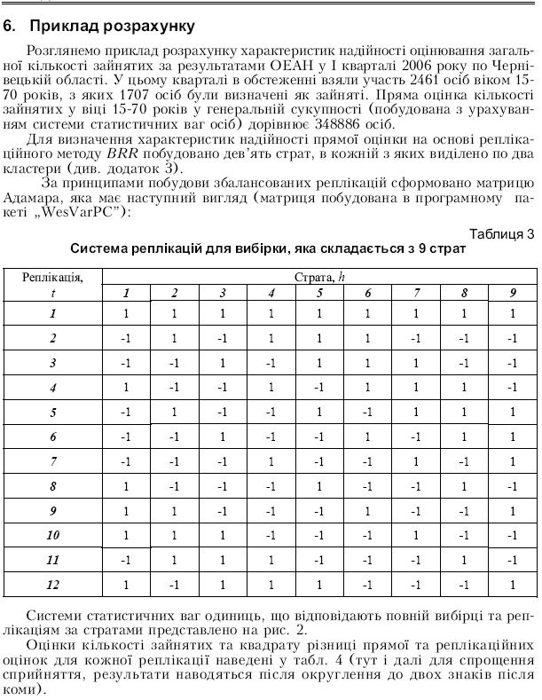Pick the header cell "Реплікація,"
click(x=52, y=278)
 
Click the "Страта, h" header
click(x=319, y=278)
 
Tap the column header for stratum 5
click(x=319, y=294)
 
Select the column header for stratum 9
click(x=512, y=294)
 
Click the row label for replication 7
click(x=52, y=461)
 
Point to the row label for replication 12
click(x=52, y=585)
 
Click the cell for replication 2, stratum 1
click(x=125, y=338)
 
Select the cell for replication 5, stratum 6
click(x=367, y=412)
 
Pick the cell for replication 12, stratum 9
click(x=512, y=585)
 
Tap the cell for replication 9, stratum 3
click(x=223, y=511)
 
